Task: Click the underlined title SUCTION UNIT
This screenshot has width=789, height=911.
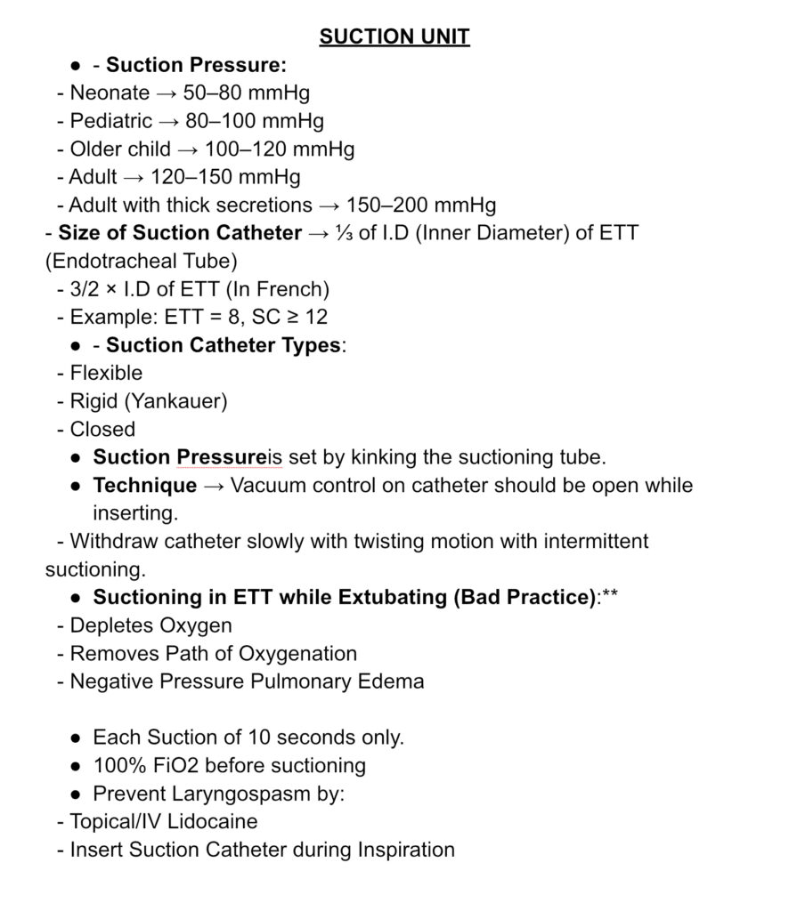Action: [394, 36]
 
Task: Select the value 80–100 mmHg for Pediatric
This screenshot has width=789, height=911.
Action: [255, 120]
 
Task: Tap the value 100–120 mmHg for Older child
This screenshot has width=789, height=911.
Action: [280, 149]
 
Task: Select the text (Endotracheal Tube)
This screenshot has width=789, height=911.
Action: [141, 262]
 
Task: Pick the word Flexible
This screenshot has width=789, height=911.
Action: [106, 373]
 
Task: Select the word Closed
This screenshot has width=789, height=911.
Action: [102, 429]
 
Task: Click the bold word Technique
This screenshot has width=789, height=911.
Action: [145, 486]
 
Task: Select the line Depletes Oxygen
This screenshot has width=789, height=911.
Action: [150, 625]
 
